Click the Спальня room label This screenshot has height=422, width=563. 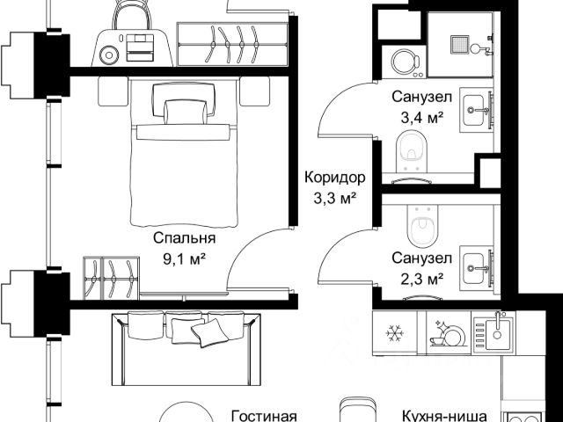click(185, 238)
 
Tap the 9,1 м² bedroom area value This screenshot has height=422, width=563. click(185, 258)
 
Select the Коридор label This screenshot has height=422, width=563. click(335, 178)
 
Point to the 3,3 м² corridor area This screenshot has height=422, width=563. click(335, 198)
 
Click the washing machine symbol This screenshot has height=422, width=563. click(404, 62)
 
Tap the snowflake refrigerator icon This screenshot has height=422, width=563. click(395, 333)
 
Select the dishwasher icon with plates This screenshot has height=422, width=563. click(449, 334)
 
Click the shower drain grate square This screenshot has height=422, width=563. click(459, 45)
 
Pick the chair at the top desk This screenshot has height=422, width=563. click(132, 15)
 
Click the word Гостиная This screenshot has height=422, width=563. click(264, 416)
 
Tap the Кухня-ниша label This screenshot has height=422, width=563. click(444, 416)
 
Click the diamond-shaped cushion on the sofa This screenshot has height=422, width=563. click(209, 332)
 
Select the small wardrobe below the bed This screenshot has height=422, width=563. click(112, 278)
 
